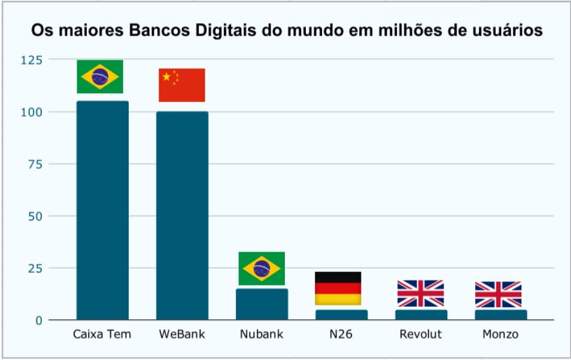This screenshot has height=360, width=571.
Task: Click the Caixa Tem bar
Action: pos(102,210)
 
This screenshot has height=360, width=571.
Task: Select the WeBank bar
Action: pos(182,215)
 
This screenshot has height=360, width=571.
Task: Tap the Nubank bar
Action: pos(262,304)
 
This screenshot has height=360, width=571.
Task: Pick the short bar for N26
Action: pos(341,314)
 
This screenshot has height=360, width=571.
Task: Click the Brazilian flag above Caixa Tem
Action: pos(100,77)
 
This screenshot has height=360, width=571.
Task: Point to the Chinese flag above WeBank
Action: pos(182,85)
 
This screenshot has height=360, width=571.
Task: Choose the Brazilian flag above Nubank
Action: pos(262,268)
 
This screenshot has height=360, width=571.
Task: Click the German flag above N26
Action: pos(338,288)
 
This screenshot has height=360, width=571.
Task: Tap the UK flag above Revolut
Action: pos(420,294)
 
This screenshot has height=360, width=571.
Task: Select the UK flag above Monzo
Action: pos(498,294)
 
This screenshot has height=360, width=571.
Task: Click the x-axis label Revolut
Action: pos(420,334)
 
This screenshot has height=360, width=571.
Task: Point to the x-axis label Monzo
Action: pos(500,334)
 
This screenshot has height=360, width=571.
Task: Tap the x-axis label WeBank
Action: pos(182,334)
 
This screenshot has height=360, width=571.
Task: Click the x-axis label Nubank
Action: pos(262,334)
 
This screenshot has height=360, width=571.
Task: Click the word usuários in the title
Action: pos(503,30)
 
